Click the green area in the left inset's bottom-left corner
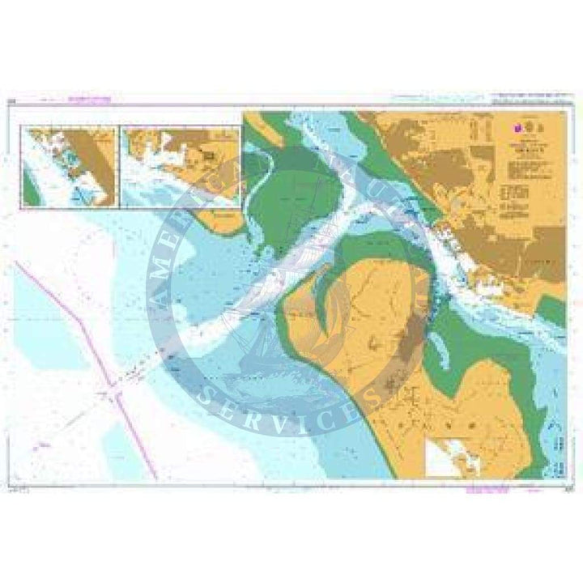click(x=30, y=192)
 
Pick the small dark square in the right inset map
click(x=207, y=154)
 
